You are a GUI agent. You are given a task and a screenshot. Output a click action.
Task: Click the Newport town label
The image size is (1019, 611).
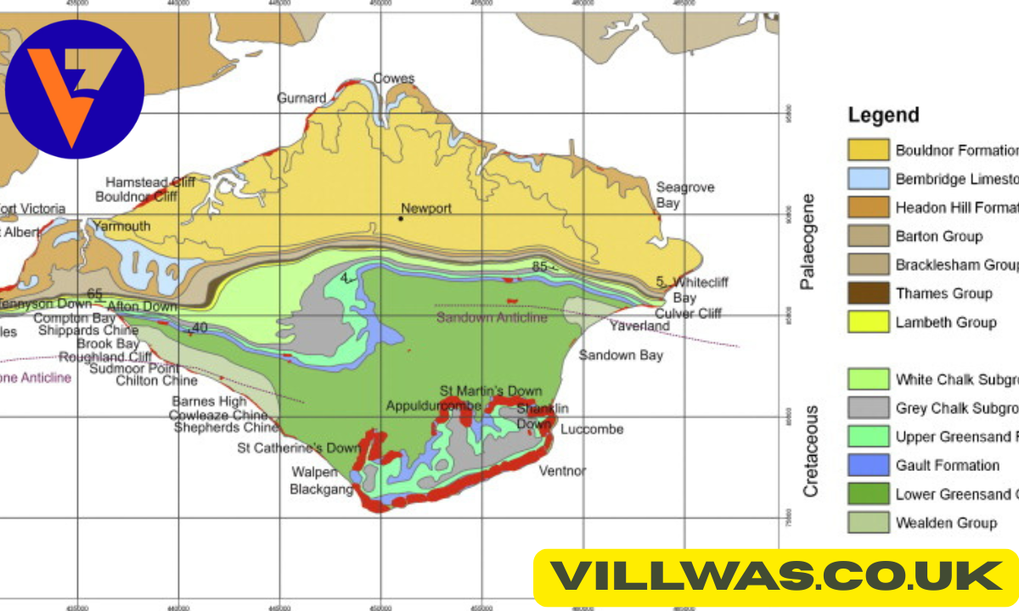tap(426, 208)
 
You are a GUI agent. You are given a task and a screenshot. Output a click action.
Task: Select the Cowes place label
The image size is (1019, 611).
tap(394, 79)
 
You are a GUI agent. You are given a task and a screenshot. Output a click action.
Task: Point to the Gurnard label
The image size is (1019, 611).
tap(301, 98)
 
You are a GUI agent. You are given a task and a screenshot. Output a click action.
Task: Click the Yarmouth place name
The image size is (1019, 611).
tap(121, 226)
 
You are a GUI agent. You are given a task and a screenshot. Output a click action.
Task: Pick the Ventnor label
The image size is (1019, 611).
tap(563, 470)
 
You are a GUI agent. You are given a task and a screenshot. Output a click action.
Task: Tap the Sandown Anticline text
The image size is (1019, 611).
tap(493, 317)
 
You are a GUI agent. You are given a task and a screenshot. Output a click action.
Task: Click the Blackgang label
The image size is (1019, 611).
tap(322, 489)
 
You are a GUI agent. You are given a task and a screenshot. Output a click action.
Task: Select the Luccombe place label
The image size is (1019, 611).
tap(592, 429)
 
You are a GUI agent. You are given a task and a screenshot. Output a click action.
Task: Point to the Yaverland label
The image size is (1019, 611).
tap(639, 325)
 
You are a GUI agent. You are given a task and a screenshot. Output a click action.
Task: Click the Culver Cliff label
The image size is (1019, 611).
tap(688, 313)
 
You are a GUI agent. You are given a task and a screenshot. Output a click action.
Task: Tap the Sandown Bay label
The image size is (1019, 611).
tap(621, 355)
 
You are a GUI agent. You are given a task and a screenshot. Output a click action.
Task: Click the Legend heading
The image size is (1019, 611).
tap(883, 115)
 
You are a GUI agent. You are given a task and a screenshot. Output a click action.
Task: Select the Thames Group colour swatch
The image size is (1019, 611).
tap(869, 294)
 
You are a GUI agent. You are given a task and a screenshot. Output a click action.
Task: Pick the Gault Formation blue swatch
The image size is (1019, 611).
tap(869, 465)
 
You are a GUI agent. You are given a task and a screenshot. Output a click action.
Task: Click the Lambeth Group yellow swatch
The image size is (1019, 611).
tap(869, 322)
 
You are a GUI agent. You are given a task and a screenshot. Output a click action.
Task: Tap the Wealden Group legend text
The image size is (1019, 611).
tap(946, 523)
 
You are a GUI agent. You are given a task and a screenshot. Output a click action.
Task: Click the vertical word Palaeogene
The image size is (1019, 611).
tap(808, 242)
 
